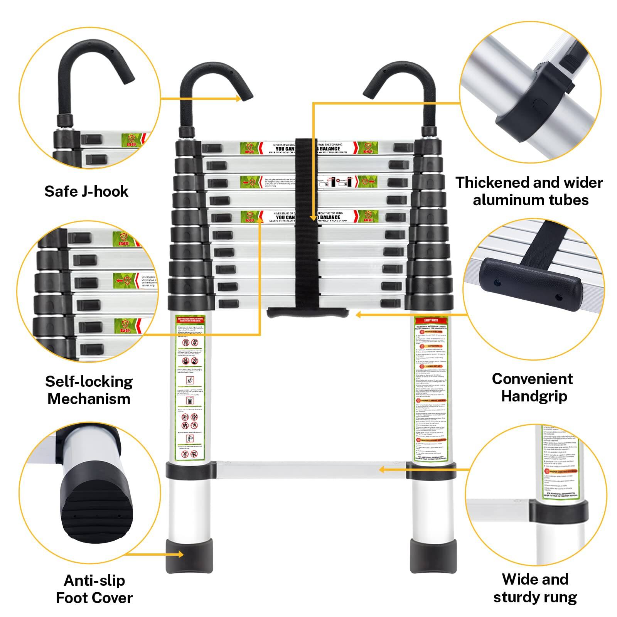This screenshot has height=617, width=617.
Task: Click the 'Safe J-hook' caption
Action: [86, 191]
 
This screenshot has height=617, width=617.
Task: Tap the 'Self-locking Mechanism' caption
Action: [89, 390]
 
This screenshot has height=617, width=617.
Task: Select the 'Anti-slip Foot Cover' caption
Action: [94, 589]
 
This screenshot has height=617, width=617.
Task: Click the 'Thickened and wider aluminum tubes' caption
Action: [529, 191]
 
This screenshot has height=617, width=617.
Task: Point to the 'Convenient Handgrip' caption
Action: [533, 387]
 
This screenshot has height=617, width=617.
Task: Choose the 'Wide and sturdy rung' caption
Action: [535, 588]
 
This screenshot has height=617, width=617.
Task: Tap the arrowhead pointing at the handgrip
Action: [358, 315]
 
